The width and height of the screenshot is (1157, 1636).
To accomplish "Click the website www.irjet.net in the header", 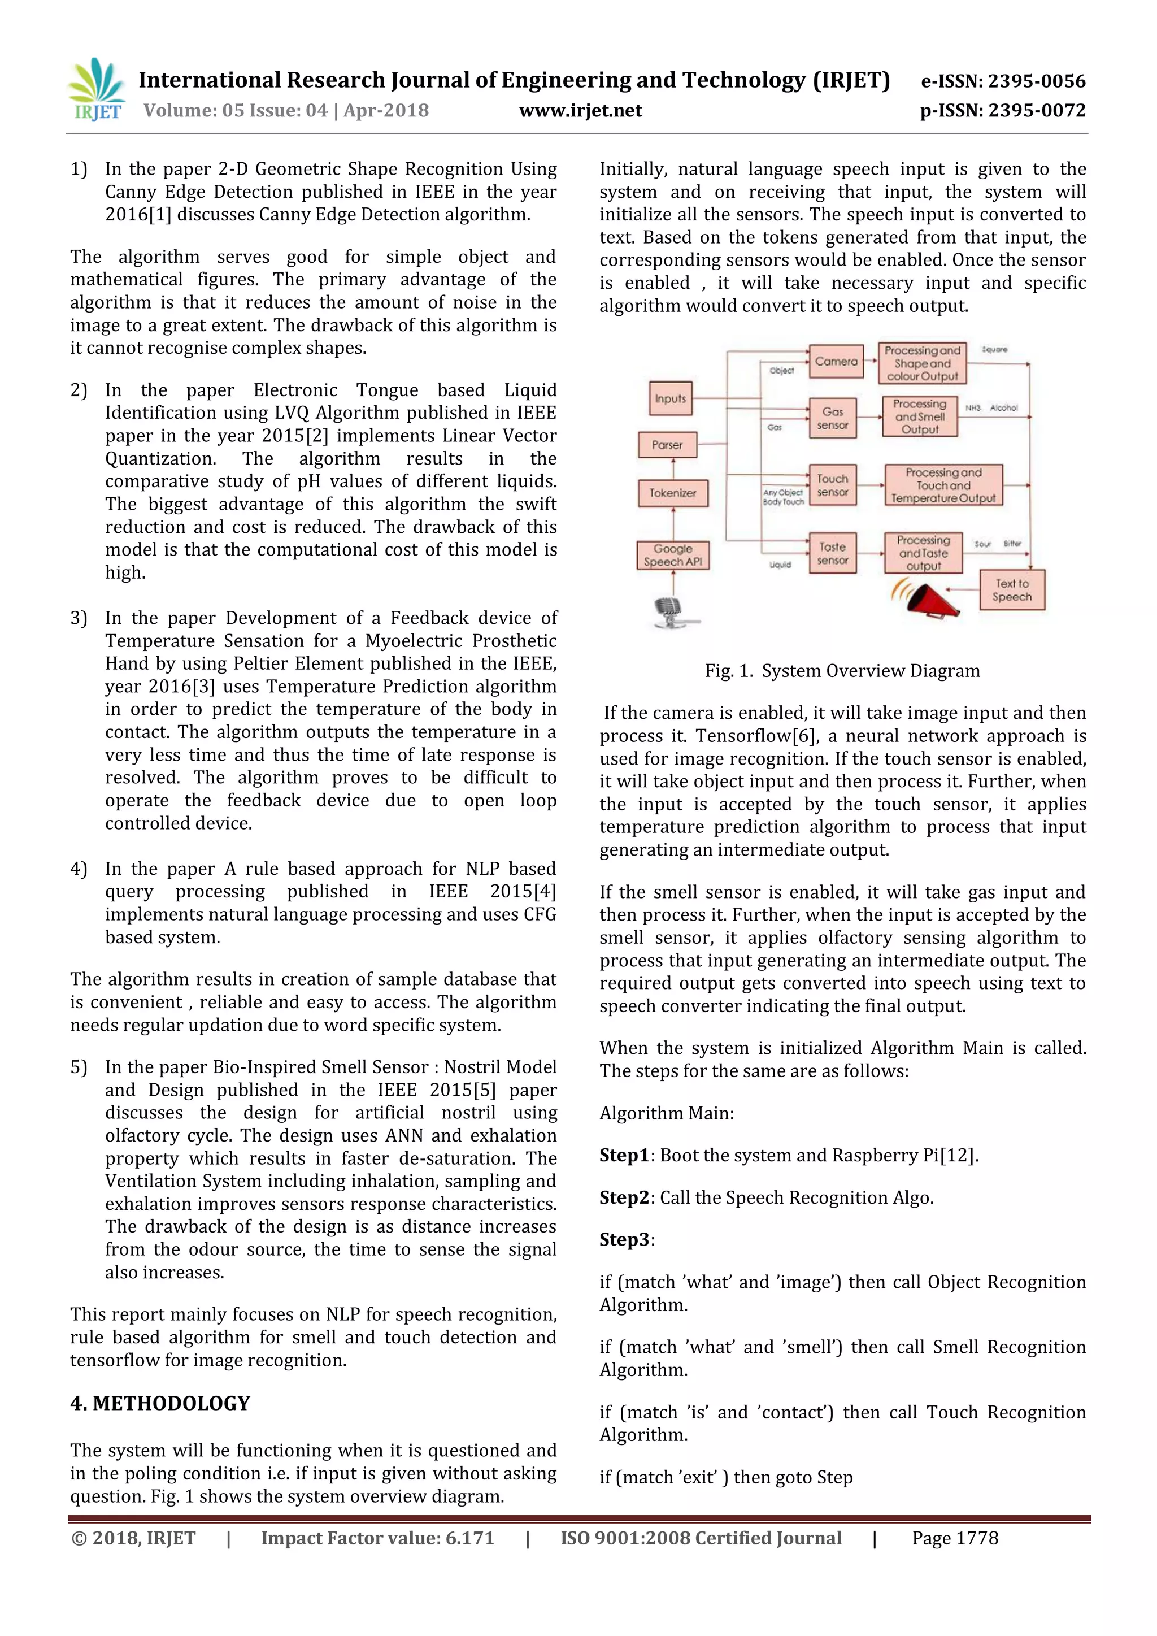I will pyautogui.click(x=580, y=110).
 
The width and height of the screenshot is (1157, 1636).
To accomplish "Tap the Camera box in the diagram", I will pyautogui.click(x=836, y=361).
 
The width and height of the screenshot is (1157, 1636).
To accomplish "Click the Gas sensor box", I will pyautogui.click(x=832, y=418).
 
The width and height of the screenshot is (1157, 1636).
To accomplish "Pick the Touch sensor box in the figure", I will pyautogui.click(x=832, y=485).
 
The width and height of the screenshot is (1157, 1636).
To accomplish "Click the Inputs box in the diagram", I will pyautogui.click(x=669, y=398).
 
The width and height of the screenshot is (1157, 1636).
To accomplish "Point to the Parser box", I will pyautogui.click(x=667, y=445).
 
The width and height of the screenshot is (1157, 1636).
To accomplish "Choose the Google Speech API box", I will pyautogui.click(x=672, y=555).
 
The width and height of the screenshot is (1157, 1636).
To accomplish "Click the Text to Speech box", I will pyautogui.click(x=1012, y=590).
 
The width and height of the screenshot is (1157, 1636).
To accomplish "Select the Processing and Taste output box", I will pyautogui.click(x=923, y=553).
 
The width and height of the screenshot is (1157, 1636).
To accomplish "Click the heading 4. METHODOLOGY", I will pyautogui.click(x=160, y=1403).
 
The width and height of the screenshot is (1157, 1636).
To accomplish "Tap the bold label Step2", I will pyautogui.click(x=623, y=1198).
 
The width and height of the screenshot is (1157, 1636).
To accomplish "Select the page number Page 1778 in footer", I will pyautogui.click(x=955, y=1538).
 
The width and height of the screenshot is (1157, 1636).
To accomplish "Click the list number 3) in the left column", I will pyautogui.click(x=79, y=618).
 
